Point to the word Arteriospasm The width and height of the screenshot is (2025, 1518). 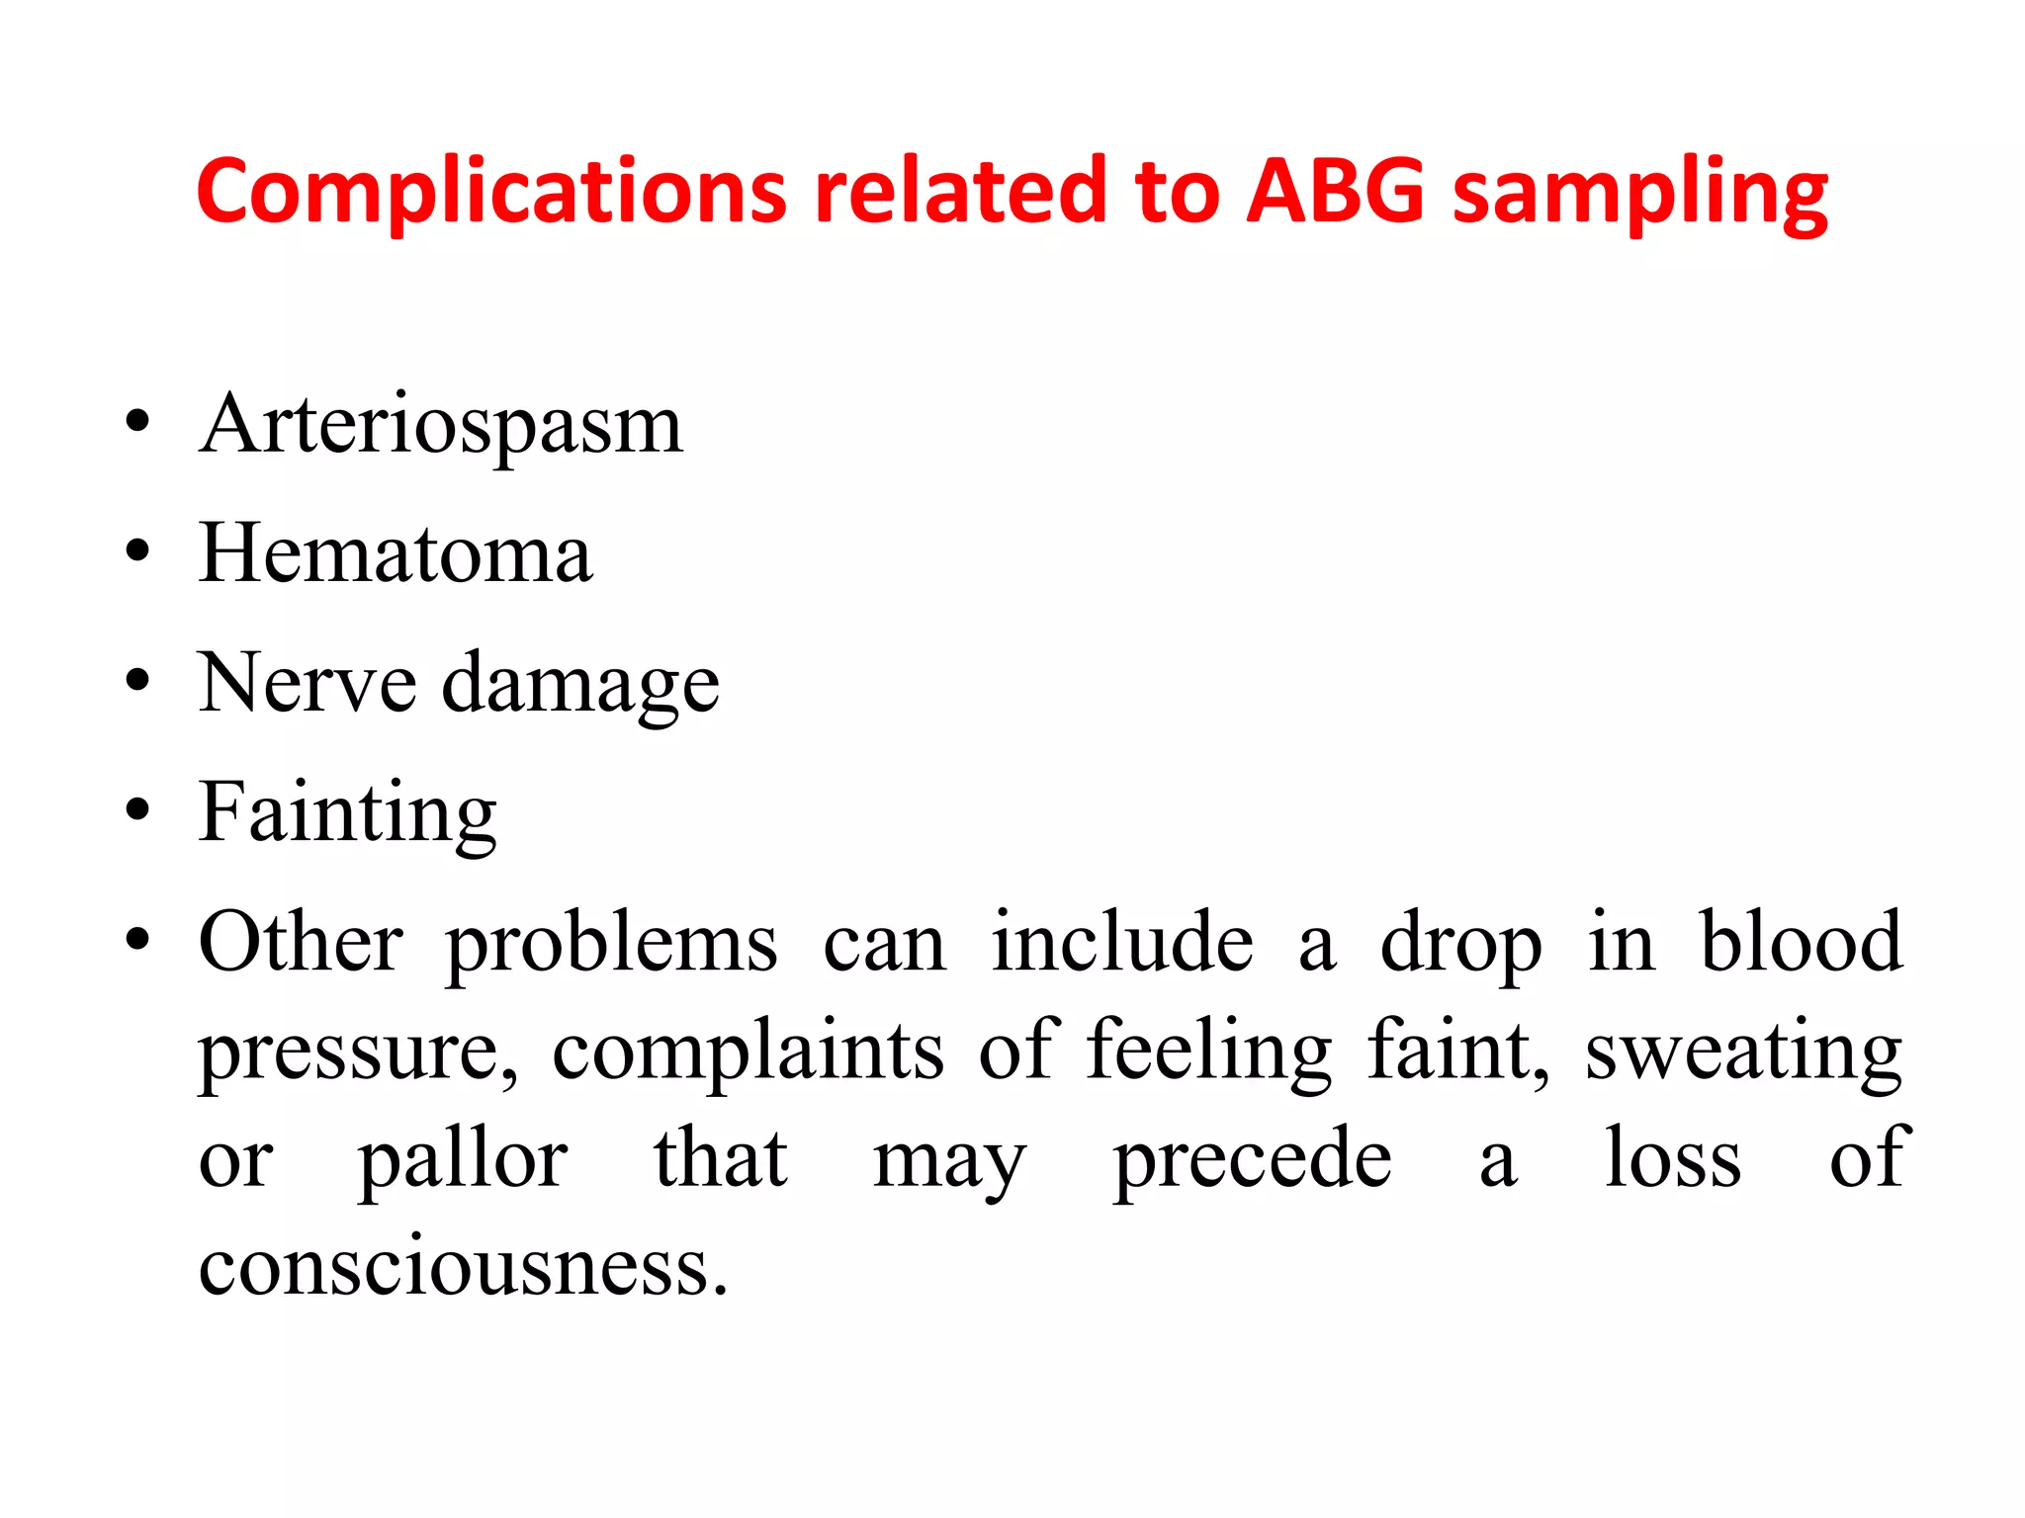pyautogui.click(x=441, y=426)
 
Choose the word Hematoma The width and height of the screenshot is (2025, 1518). pyautogui.click(x=396, y=553)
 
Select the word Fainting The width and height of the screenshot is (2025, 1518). pyautogui.click(x=347, y=813)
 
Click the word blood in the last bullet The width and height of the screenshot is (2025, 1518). pyautogui.click(x=1801, y=941)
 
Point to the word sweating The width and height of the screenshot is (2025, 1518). pyautogui.click(x=1743, y=1052)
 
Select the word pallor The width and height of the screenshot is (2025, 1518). pyautogui.click(x=463, y=1159)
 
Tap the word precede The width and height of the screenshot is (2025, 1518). pyautogui.click(x=1252, y=1159)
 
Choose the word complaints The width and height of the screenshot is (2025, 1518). pyautogui.click(x=748, y=1052)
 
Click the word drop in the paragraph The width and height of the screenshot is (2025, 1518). pyautogui.click(x=1460, y=945)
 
